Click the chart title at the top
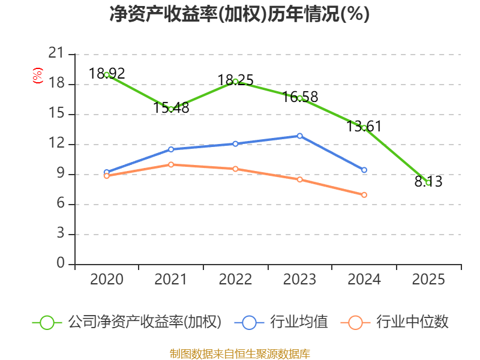point(239,14)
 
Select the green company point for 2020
point(107,75)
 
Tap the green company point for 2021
point(171,109)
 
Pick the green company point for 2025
point(428,182)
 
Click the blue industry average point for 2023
point(300,136)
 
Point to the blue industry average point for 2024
point(364,170)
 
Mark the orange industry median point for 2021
point(171,164)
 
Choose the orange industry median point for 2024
point(364,195)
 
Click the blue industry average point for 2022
point(235,143)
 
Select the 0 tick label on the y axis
point(60,264)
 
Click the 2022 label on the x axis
point(235,280)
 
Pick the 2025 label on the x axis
point(428,280)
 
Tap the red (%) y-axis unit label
point(38,76)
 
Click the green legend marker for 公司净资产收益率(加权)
point(47,322)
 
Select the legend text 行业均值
point(299,322)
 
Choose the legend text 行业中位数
point(412,322)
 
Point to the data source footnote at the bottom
point(239,353)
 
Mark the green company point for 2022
point(235,82)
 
